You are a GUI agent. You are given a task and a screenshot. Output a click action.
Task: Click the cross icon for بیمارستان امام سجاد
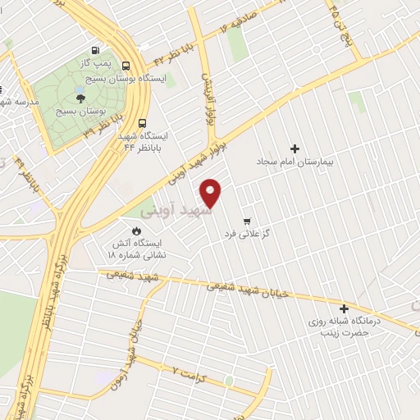coord(294,148)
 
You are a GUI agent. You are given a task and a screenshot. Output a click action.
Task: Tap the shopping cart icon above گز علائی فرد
coord(247,221)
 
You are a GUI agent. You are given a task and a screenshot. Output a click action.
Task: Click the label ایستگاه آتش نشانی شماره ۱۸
coord(137,249)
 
